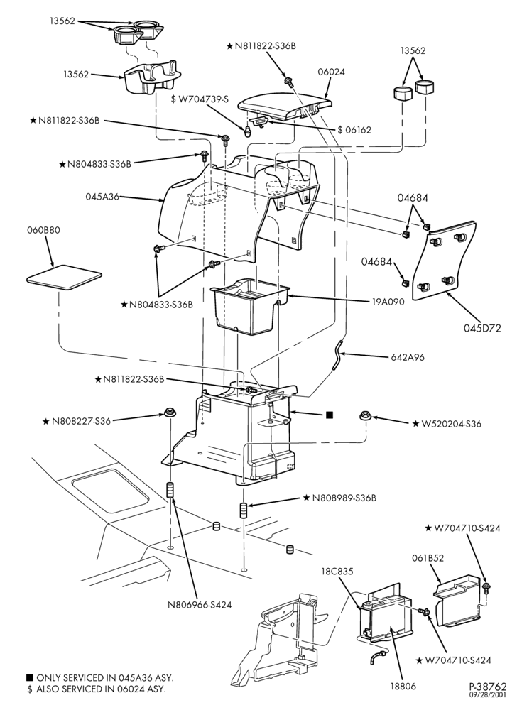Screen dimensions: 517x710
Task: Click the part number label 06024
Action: (331, 72)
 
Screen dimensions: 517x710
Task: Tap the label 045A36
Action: (102, 197)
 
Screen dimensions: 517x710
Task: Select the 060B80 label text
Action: (43, 230)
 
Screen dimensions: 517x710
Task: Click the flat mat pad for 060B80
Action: (63, 277)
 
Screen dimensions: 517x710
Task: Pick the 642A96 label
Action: (408, 357)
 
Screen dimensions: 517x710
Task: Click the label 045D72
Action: (482, 329)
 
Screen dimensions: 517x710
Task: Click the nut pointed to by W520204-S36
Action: (365, 415)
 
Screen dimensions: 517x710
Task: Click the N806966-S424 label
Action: (200, 604)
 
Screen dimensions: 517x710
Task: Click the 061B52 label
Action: (428, 558)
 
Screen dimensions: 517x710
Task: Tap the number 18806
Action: (403, 687)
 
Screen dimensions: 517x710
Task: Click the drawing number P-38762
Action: (488, 687)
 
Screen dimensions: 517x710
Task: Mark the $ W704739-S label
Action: (200, 99)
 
